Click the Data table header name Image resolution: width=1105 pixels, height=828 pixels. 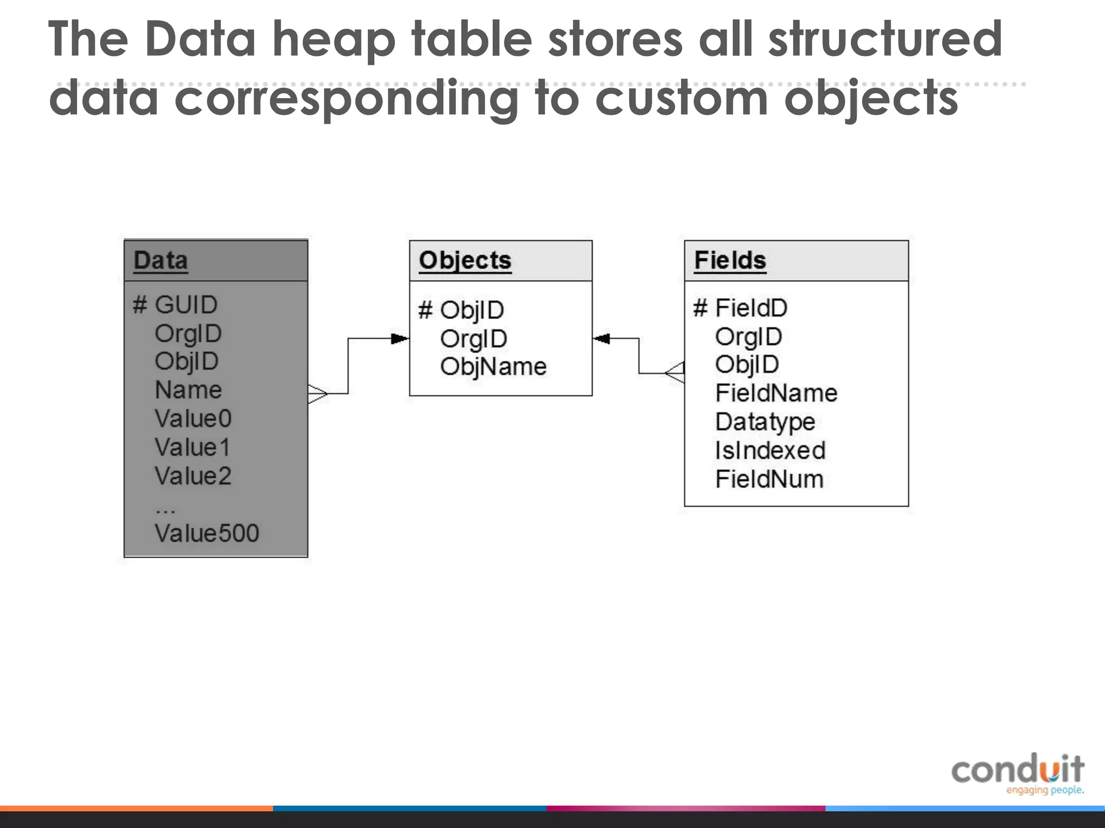click(x=160, y=261)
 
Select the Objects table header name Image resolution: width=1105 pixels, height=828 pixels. click(x=465, y=261)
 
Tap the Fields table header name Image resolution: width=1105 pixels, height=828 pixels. click(x=729, y=261)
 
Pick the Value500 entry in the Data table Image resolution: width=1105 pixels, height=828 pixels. click(x=207, y=534)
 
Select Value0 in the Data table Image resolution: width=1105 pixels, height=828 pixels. click(x=193, y=419)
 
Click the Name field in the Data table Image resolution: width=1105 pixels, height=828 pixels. click(x=188, y=390)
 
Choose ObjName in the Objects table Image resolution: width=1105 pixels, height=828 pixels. click(x=493, y=367)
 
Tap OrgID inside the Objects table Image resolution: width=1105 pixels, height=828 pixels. click(x=473, y=339)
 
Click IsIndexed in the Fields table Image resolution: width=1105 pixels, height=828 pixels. click(x=770, y=451)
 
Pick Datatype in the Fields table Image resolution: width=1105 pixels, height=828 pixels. click(x=765, y=422)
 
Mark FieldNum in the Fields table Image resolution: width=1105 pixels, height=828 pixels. click(x=769, y=479)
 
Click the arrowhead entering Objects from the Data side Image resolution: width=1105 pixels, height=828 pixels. click(x=400, y=339)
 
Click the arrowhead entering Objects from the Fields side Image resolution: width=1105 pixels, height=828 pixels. click(x=601, y=339)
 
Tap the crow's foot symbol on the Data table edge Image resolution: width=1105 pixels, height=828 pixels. click(x=318, y=394)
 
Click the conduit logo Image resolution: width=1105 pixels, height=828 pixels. click(x=1018, y=773)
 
